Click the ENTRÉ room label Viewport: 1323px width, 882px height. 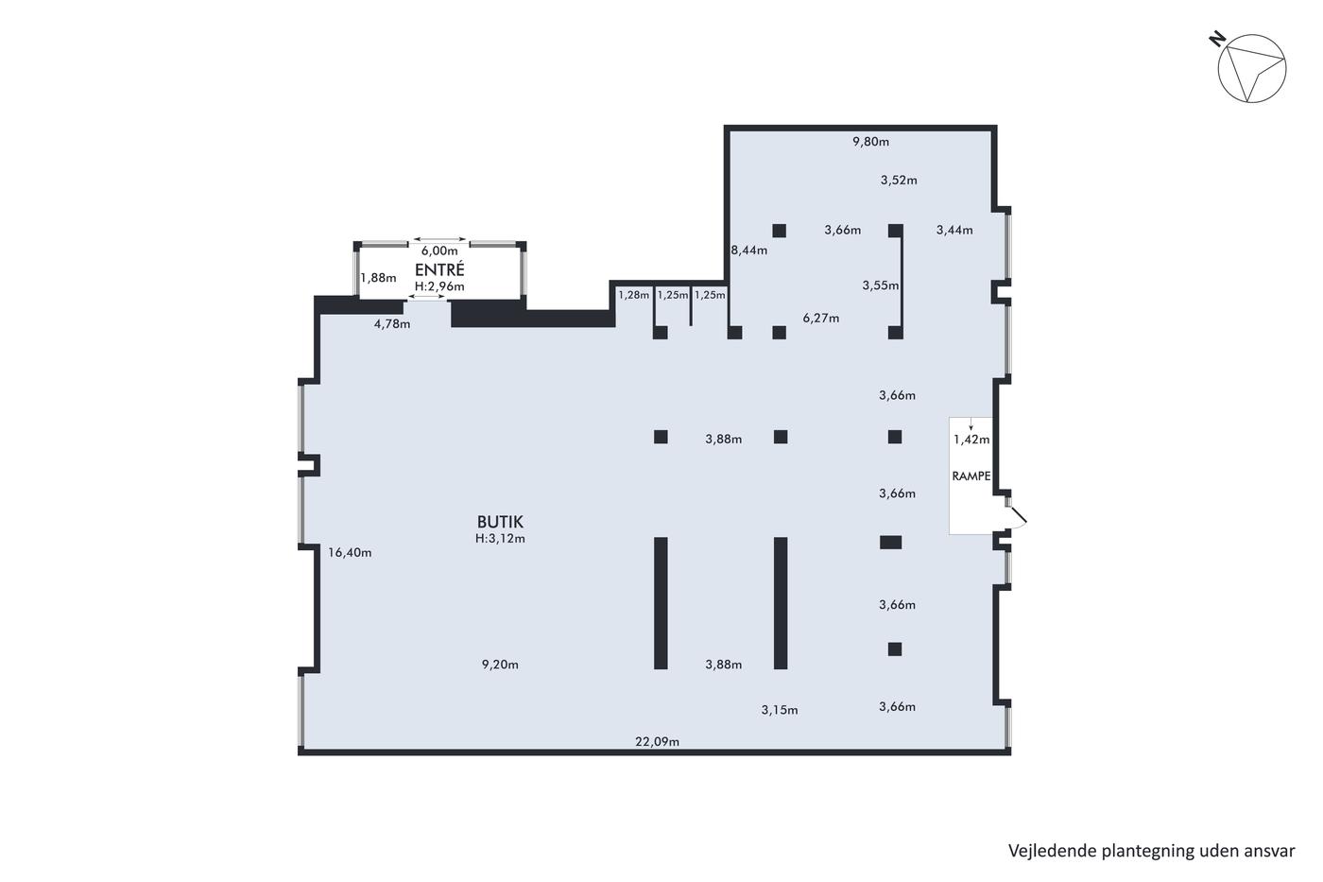click(x=439, y=270)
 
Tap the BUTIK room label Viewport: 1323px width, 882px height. click(x=500, y=522)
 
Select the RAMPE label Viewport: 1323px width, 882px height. click(x=971, y=476)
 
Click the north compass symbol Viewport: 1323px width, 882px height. click(x=1251, y=68)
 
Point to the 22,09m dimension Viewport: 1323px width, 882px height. click(x=657, y=741)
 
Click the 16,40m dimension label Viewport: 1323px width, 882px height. click(x=350, y=552)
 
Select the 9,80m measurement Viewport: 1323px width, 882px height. click(x=870, y=141)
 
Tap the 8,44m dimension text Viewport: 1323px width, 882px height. click(x=748, y=250)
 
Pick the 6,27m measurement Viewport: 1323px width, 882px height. click(x=820, y=318)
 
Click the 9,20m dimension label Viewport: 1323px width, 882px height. click(x=500, y=664)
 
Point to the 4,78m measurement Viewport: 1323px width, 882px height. click(x=391, y=323)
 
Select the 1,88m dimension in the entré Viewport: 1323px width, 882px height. click(x=378, y=277)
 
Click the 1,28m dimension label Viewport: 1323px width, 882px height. click(x=633, y=295)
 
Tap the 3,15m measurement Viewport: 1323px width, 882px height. click(x=779, y=710)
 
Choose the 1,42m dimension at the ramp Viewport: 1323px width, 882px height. click(x=971, y=439)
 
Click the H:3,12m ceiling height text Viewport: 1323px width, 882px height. click(x=500, y=538)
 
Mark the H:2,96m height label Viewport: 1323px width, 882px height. click(x=439, y=286)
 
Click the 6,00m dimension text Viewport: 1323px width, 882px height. click(x=439, y=251)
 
